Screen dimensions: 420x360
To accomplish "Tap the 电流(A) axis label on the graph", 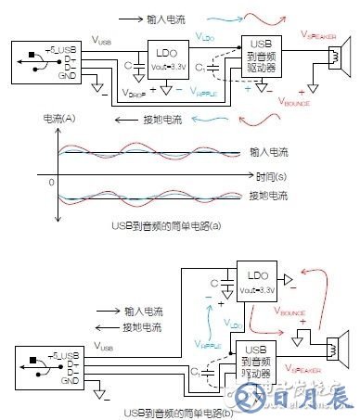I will [x=58, y=121].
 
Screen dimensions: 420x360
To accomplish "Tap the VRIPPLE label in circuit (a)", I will [x=205, y=93].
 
